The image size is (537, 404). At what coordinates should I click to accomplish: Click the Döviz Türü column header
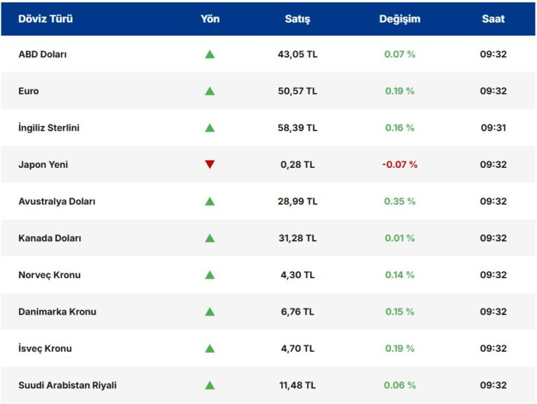tap(45, 19)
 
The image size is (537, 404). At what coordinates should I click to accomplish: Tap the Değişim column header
tap(399, 19)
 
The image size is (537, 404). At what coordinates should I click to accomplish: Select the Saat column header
tap(493, 19)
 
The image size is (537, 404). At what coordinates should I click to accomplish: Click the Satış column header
tap(297, 19)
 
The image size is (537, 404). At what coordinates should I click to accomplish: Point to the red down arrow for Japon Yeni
tap(210, 165)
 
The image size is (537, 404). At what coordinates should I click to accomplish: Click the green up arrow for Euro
tap(210, 91)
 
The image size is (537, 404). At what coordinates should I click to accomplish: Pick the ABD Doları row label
tap(43, 55)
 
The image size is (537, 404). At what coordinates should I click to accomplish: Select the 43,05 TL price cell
tap(297, 55)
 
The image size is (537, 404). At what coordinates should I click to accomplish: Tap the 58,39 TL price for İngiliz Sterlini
tap(297, 128)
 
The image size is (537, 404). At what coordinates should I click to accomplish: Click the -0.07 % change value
tap(399, 165)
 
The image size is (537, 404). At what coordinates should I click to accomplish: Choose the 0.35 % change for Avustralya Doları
tap(399, 201)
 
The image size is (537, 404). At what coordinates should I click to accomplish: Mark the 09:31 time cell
tap(493, 128)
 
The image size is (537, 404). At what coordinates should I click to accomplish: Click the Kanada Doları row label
tap(50, 238)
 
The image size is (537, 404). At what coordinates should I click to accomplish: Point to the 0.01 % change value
tap(399, 238)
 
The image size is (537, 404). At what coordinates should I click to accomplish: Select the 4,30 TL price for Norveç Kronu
tap(297, 275)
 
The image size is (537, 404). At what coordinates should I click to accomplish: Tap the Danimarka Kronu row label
tap(57, 312)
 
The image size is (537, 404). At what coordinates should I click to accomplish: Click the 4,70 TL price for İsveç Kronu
tap(297, 349)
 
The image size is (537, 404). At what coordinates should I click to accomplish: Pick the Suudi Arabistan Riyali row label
tap(67, 385)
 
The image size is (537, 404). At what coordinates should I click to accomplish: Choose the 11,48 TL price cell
tap(297, 385)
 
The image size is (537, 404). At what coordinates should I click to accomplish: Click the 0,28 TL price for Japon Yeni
tap(297, 165)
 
